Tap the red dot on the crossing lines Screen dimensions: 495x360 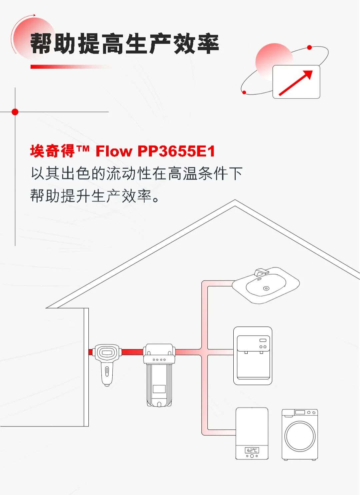[15, 112]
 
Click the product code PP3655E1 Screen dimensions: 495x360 [176, 151]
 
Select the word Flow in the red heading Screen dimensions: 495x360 [114, 151]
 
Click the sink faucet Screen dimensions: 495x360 [261, 272]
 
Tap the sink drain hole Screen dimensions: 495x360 [266, 288]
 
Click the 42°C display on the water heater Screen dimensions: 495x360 [252, 450]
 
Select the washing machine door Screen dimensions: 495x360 [300, 436]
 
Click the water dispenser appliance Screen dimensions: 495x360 [253, 355]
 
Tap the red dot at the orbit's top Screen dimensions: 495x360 [309, 48]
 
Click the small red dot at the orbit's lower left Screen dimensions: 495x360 [244, 92]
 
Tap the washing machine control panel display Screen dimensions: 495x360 [300, 412]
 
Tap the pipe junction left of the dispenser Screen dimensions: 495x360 [205, 352]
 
